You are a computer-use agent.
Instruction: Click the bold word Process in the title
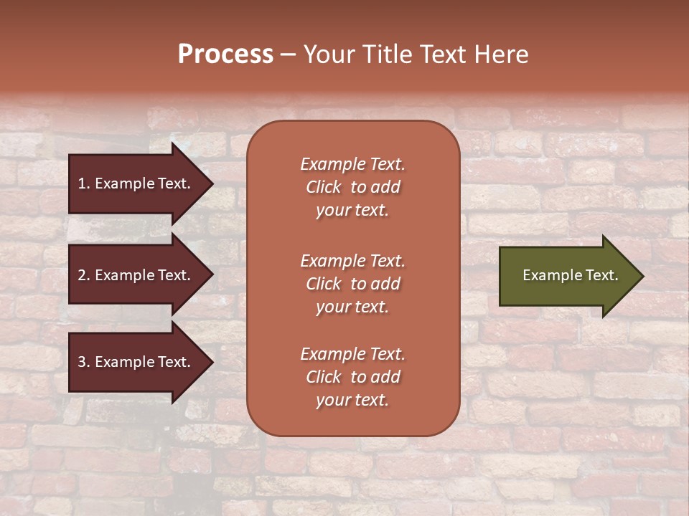225,54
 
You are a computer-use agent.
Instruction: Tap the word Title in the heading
388,54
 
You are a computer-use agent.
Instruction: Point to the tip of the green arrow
641,276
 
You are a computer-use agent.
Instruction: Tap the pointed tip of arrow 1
210,183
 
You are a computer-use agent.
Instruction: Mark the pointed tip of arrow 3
210,362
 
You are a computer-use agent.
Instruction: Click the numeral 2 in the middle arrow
82,275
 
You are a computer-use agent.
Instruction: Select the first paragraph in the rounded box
352,187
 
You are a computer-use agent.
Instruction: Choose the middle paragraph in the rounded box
352,284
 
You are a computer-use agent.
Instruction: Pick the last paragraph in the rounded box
352,377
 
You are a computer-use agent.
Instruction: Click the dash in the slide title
288,54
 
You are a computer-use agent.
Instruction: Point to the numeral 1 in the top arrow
82,183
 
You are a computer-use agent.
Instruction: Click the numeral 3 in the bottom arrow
82,362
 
